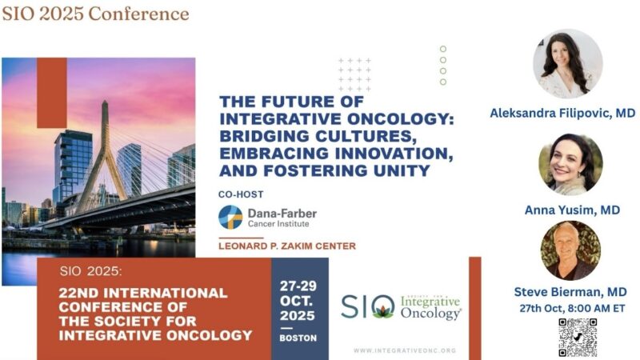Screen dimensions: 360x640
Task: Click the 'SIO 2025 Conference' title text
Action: click(x=95, y=14)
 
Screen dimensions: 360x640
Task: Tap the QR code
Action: click(x=578, y=337)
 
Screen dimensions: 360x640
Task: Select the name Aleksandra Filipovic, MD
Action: click(x=562, y=114)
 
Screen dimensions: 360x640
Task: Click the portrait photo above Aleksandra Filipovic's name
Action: click(x=567, y=64)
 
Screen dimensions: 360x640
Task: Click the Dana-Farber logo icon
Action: click(x=231, y=217)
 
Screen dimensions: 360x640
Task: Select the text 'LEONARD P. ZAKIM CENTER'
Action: click(x=287, y=246)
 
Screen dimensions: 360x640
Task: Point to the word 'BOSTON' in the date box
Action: click(x=298, y=338)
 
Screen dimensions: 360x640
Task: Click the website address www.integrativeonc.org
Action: click(x=404, y=350)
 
